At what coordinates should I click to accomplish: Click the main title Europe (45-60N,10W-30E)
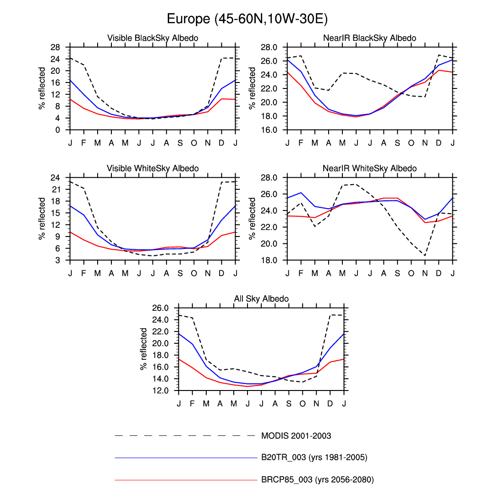click(x=247, y=19)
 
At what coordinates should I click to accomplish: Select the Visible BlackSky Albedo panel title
click(x=153, y=38)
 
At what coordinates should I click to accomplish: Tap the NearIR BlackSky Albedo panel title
click(x=369, y=38)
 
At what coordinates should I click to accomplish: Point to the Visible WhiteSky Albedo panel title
click(x=153, y=169)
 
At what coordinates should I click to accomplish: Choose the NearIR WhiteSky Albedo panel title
click(x=369, y=169)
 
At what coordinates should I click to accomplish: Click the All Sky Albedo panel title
click(x=261, y=299)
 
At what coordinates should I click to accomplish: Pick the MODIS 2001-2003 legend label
click(x=296, y=435)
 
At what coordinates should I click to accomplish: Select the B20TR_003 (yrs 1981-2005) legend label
click(x=314, y=457)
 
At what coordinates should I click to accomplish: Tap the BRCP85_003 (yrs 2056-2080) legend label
click(x=317, y=480)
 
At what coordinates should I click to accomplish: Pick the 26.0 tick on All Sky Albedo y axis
click(x=163, y=308)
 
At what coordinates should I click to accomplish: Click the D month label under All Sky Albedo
click(x=330, y=403)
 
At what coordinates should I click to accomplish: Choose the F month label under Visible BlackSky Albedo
click(x=84, y=143)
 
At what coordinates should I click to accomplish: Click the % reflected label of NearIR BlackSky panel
click(x=253, y=88)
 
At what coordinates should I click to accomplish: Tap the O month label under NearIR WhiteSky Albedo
click(x=411, y=273)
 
